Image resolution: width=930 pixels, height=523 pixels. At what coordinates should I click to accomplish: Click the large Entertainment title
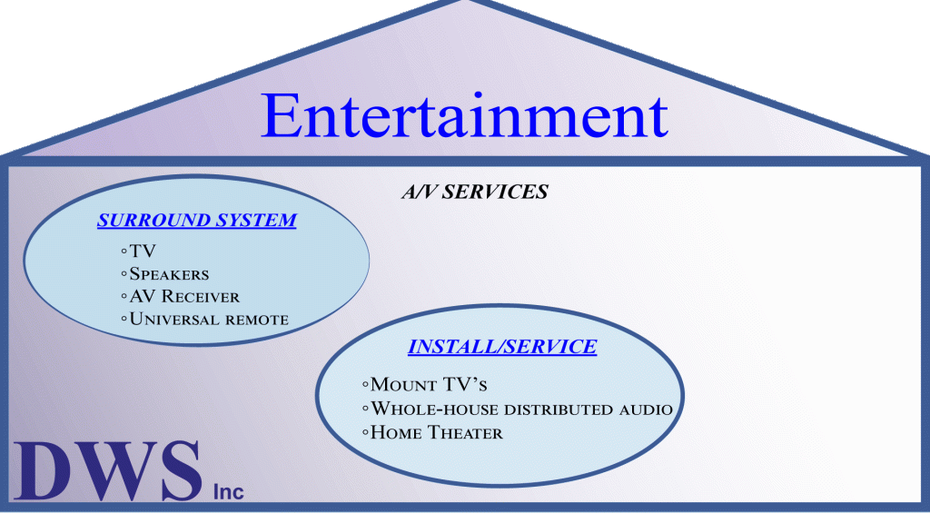coord(464,115)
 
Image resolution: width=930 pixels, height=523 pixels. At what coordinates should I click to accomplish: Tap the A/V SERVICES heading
coord(475,192)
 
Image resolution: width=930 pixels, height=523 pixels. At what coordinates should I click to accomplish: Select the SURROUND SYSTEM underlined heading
coord(197,221)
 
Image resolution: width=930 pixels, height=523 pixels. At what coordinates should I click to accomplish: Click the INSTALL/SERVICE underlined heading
coord(502,347)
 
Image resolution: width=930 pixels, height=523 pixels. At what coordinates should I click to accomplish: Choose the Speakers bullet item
coord(165,273)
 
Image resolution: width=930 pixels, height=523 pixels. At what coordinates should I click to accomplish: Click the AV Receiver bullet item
coord(180,297)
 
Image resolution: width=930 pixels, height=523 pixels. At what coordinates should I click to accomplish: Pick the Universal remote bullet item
coord(205,320)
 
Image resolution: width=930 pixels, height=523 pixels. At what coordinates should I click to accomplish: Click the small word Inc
coord(228,491)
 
